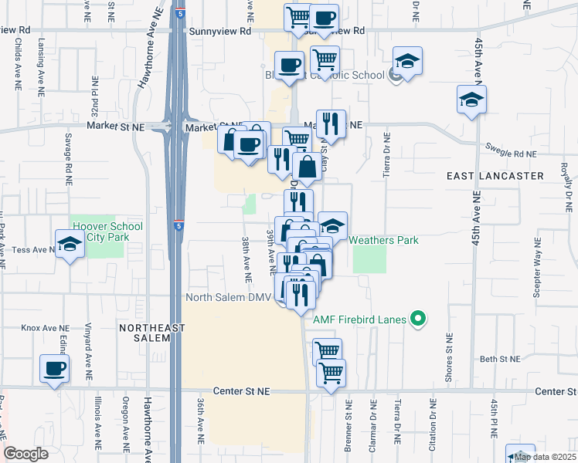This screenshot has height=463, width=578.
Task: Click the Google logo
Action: pos(25,454)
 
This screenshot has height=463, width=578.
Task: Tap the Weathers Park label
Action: pos(384,240)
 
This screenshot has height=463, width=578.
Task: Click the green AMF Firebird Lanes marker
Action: pos(418,318)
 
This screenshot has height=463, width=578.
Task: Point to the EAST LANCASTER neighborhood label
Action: pos(495,176)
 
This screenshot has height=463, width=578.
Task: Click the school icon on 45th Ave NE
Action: pos(471,100)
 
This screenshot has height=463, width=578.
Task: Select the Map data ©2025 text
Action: pos(546,457)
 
